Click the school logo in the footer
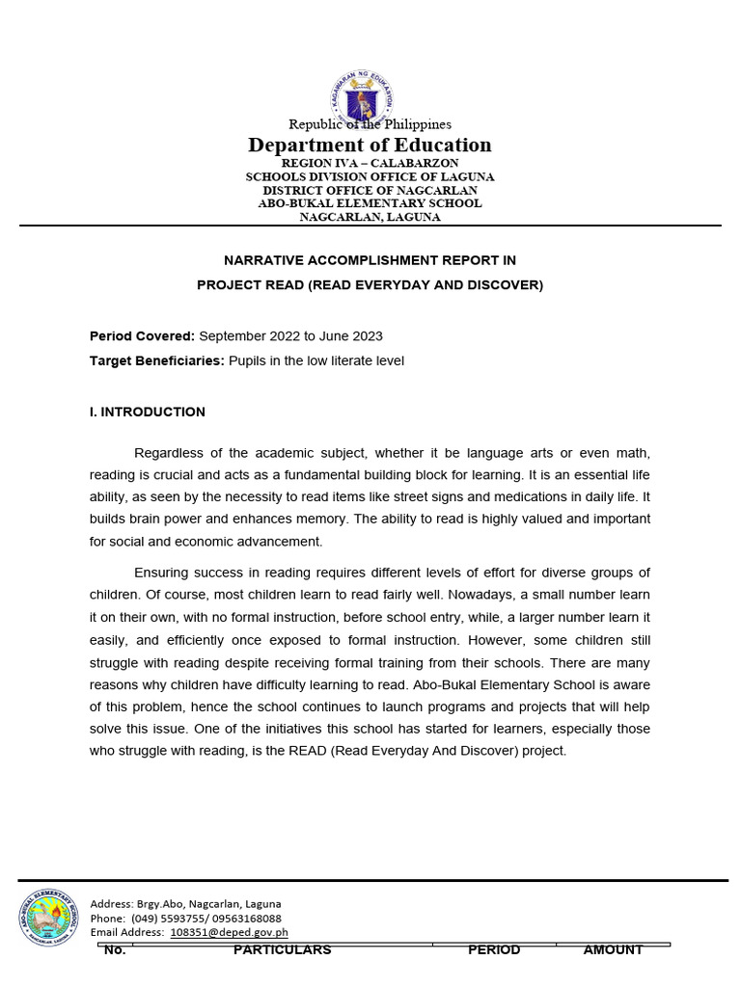pos(48,917)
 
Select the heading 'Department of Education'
pos(370,146)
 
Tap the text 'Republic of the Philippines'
pos(370,124)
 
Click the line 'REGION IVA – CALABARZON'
pos(370,164)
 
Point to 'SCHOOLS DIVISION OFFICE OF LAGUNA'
pos(370,177)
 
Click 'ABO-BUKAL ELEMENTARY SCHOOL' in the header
pos(370,203)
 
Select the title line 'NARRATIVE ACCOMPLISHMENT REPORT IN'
pos(370,260)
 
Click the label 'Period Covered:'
pos(142,336)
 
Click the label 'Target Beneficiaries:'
pos(157,361)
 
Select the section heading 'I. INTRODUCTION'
pos(147,413)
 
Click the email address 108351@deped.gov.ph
pos(229,932)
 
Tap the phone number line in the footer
pos(185,919)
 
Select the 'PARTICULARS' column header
pos(282,950)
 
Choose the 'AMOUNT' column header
pos(613,950)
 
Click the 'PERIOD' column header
pos(494,950)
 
